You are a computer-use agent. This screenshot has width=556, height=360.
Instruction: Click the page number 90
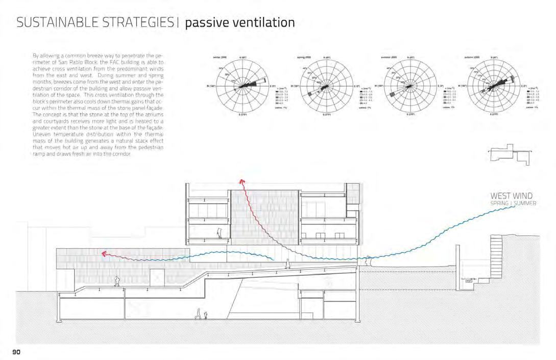17,352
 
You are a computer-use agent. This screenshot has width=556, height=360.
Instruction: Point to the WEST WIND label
511,196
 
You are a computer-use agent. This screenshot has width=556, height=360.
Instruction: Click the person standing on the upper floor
220,232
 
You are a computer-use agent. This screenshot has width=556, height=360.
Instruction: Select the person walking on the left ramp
117,281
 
